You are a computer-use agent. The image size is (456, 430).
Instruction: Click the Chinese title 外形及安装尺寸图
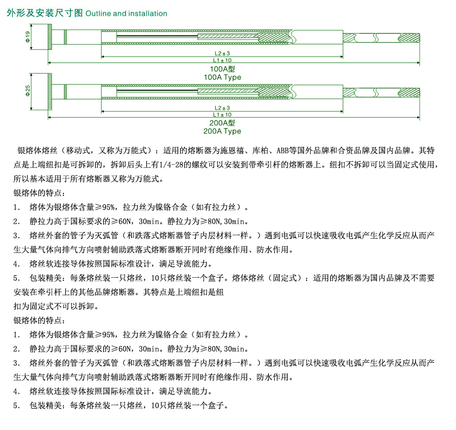click(x=44, y=14)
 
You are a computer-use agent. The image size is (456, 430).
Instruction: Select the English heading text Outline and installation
click(x=126, y=14)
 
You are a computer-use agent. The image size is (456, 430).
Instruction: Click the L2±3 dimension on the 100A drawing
click(x=222, y=53)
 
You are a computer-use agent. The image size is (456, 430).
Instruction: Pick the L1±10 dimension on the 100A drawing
click(x=222, y=60)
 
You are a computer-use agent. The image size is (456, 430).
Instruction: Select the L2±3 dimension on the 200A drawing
click(x=222, y=108)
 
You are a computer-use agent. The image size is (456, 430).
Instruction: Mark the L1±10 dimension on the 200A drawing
click(x=222, y=115)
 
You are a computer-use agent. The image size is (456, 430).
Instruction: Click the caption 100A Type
click(x=222, y=77)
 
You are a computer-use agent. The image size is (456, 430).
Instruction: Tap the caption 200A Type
click(x=222, y=131)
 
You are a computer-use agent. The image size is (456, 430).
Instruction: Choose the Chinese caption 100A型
click(x=222, y=69)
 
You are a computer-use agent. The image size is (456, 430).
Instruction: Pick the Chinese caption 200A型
click(x=222, y=123)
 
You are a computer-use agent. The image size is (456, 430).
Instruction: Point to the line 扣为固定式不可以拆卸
click(x=56, y=307)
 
